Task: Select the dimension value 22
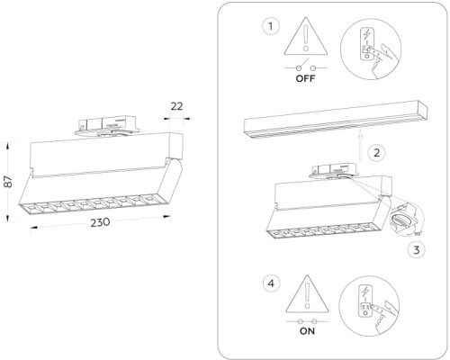point(176,106)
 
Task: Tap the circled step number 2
point(378,152)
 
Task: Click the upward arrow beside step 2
point(359,141)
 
